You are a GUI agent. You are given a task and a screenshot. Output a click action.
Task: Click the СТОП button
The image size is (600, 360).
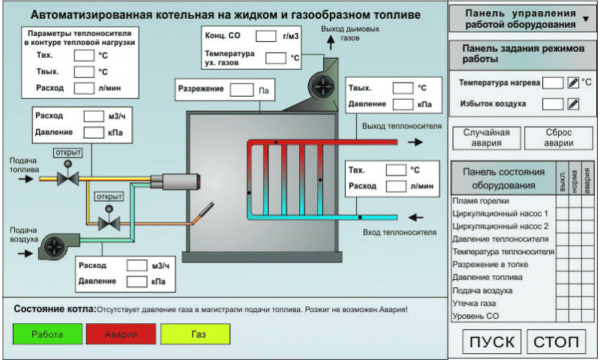(x=556, y=342)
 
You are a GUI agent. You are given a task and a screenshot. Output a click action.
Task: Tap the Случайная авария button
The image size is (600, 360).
(x=486, y=138)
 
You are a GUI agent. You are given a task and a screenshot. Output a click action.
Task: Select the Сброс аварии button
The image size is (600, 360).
(x=559, y=138)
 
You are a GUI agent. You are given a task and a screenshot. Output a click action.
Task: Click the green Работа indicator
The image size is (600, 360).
(x=46, y=334)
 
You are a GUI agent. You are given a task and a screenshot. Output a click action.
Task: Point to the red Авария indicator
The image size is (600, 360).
(x=121, y=334)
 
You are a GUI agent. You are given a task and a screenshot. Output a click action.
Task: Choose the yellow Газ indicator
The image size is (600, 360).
(x=198, y=334)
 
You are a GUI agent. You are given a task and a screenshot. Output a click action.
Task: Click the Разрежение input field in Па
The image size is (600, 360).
(x=241, y=89)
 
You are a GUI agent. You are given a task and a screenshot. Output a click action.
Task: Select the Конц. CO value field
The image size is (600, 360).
(x=266, y=36)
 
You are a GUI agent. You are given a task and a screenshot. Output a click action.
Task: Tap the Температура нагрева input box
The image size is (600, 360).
(x=553, y=82)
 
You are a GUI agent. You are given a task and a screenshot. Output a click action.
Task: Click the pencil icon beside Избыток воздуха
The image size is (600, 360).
(x=573, y=103)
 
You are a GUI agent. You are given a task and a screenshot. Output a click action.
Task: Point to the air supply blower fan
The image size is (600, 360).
(x=54, y=244)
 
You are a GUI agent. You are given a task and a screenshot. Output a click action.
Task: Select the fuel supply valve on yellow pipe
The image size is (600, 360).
(x=69, y=177)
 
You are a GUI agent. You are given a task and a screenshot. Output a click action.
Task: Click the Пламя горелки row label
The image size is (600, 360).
(x=481, y=201)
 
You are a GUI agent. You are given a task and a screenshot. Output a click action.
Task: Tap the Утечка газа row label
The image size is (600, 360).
(x=474, y=303)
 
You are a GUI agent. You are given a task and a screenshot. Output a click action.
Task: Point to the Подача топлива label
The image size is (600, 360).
(x=23, y=165)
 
